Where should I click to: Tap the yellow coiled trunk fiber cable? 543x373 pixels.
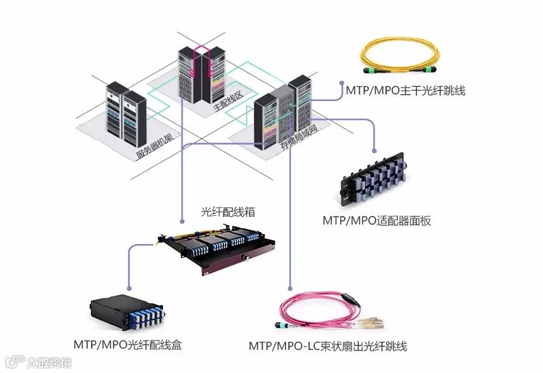pyautogui.click(x=407, y=54)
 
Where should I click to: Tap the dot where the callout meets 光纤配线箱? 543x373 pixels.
pyautogui.click(x=183, y=221)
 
